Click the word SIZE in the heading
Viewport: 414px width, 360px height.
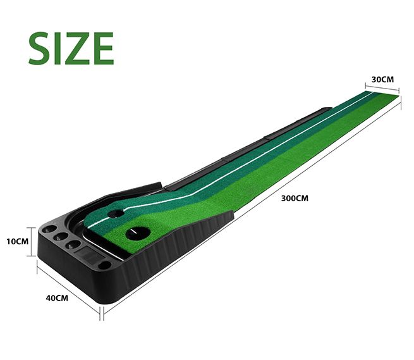click(x=71, y=47)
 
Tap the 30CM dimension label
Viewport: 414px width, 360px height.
click(x=383, y=80)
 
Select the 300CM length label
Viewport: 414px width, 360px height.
click(x=295, y=197)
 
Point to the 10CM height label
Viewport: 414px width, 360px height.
click(x=17, y=241)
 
